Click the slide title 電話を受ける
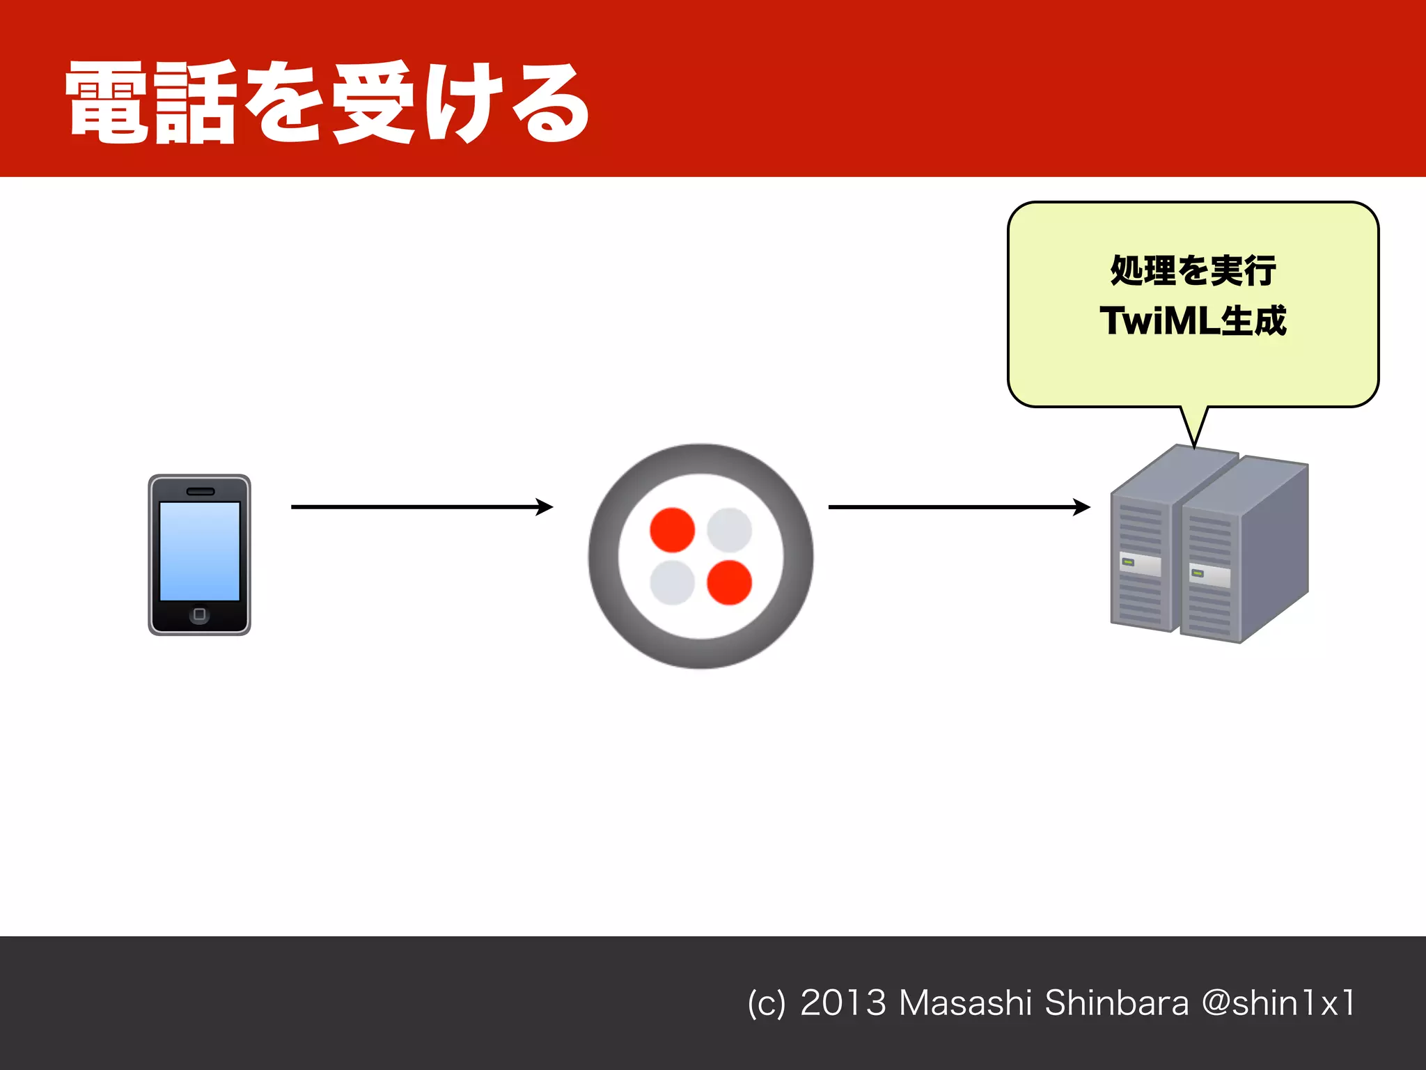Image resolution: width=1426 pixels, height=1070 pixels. [x=327, y=103]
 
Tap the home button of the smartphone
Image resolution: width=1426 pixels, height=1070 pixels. [x=200, y=614]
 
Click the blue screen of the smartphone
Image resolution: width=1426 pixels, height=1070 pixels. [x=200, y=550]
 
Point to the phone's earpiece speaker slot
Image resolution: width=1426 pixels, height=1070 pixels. [x=201, y=492]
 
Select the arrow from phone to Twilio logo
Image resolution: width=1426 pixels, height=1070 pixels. [x=421, y=507]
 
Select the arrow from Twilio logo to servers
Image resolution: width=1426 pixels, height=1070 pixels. [x=959, y=507]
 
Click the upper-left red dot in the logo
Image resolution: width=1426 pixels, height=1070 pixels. [x=672, y=529]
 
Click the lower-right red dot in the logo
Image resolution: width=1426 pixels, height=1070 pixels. [x=729, y=582]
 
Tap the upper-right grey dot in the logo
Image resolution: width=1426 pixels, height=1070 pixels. [x=729, y=529]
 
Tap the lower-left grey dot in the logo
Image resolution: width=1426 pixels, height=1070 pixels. [x=672, y=582]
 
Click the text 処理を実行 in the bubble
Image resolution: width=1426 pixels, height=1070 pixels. [x=1193, y=271]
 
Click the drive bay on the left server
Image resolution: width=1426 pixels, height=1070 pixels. [x=1140, y=565]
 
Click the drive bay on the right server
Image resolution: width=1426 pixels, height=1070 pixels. [x=1209, y=576]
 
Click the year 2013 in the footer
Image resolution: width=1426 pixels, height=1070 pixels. [x=843, y=1003]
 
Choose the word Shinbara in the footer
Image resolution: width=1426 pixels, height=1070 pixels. [x=1117, y=1003]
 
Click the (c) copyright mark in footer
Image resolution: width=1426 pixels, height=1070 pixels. [x=766, y=1004]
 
